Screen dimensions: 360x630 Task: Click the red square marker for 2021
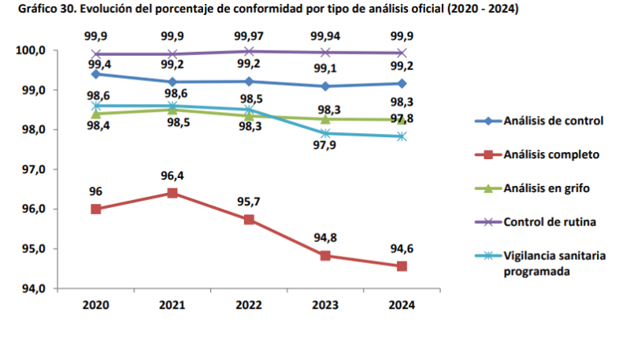point(172,193)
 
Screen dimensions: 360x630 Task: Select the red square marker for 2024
point(402,266)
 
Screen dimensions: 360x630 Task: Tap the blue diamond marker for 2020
point(96,74)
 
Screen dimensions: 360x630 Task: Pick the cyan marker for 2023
point(325,133)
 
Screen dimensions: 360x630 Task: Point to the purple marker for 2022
point(249,51)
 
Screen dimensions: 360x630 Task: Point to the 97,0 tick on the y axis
point(31,169)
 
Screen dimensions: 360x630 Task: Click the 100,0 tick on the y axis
point(31,50)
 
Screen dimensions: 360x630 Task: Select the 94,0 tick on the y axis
point(31,288)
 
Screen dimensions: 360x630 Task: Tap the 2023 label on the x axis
point(325,305)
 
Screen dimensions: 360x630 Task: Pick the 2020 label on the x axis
point(96,305)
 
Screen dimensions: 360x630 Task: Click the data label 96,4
point(172,176)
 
